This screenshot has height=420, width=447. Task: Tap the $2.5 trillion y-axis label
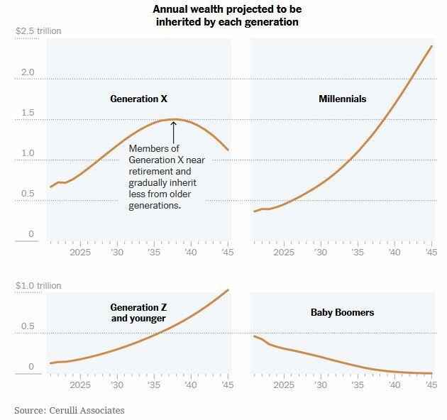[38, 31]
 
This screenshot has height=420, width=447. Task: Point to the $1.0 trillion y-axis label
[38, 285]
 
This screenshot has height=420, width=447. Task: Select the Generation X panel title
[138, 99]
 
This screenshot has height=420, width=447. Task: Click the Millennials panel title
[342, 99]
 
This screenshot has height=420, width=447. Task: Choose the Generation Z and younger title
[138, 313]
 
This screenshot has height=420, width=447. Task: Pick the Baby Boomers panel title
[342, 312]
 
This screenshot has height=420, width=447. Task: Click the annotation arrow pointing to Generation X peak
[173, 132]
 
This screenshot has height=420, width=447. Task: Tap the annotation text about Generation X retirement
[166, 177]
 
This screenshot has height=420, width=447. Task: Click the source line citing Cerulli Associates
[69, 410]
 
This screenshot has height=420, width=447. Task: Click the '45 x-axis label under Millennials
[430, 252]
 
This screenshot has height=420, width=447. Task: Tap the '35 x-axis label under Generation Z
[153, 385]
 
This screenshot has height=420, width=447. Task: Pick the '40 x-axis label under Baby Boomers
[394, 385]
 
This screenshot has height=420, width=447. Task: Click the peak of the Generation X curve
[175, 119]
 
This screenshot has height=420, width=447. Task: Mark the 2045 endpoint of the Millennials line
[432, 46]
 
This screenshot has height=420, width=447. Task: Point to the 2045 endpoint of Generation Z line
[228, 289]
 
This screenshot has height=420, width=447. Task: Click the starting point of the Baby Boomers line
[254, 336]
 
